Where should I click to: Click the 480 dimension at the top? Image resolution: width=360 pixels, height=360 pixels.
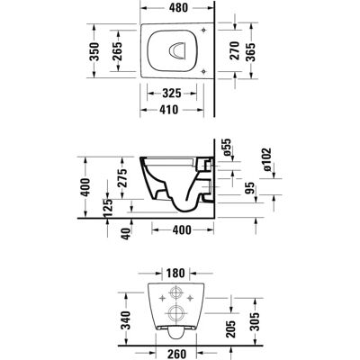click(178, 8)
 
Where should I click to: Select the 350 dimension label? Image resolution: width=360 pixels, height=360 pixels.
click(94, 51)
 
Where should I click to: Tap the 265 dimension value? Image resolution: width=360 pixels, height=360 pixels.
click(117, 50)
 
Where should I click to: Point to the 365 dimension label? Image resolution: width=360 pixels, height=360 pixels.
click(250, 52)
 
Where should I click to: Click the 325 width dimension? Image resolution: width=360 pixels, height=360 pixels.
click(172, 94)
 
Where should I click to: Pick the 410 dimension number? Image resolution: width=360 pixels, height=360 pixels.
click(169, 110)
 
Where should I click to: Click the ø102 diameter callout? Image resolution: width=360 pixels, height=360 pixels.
click(266, 160)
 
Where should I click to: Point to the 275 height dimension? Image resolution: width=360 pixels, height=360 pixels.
click(122, 178)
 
